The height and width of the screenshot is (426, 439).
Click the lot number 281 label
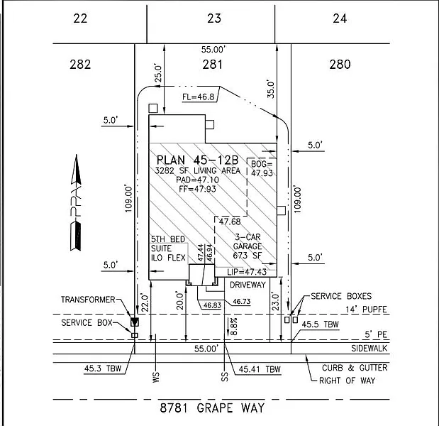click(213, 65)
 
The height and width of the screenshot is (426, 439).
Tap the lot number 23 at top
click(214, 18)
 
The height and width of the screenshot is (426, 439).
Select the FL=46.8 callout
click(198, 97)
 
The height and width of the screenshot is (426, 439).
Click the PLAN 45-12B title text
click(197, 160)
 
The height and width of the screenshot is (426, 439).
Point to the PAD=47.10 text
click(197, 180)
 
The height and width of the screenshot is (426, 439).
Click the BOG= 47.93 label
click(262, 168)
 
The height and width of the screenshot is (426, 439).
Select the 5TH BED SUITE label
click(168, 244)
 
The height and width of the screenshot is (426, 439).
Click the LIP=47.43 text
click(247, 272)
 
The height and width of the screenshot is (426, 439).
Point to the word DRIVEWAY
click(248, 285)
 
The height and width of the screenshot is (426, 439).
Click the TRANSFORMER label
click(88, 300)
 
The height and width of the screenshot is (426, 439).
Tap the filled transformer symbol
click(135, 322)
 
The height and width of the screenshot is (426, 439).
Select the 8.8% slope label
click(234, 326)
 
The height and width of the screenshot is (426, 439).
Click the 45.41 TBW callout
click(260, 369)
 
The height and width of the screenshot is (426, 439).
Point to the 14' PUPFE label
click(366, 310)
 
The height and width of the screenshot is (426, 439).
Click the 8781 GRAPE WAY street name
click(212, 408)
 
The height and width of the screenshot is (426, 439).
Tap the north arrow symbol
click(76, 202)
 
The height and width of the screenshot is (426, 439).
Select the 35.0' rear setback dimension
click(271, 89)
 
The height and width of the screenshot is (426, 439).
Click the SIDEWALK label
click(369, 349)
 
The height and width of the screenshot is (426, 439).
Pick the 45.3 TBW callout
click(103, 368)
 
